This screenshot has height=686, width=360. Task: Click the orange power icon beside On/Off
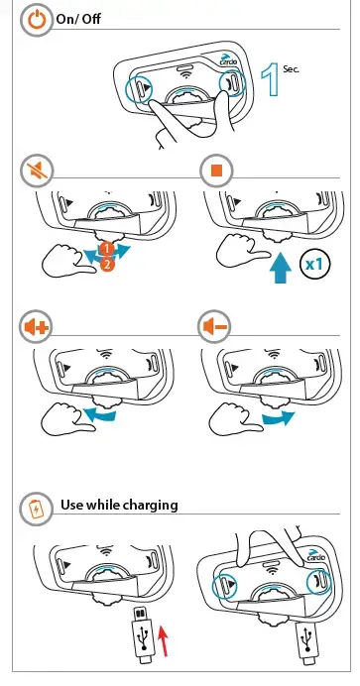37,20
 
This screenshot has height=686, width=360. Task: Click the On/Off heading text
78,19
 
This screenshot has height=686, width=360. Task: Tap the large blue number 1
270,79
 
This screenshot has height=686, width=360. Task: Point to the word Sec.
292,68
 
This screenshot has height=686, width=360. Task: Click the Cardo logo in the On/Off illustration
228,59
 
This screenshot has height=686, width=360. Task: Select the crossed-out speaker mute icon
37,170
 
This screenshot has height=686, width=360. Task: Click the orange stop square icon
216,171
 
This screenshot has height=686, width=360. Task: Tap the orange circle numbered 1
106,249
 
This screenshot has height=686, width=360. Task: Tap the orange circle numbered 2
107,264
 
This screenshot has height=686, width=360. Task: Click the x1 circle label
315,265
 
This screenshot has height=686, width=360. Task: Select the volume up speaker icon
37,327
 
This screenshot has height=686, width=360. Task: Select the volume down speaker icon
214,327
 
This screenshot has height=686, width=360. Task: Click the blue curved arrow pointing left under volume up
99,413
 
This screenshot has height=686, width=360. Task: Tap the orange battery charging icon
36,510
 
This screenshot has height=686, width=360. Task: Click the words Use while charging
119,505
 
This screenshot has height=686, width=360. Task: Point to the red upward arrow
163,641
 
